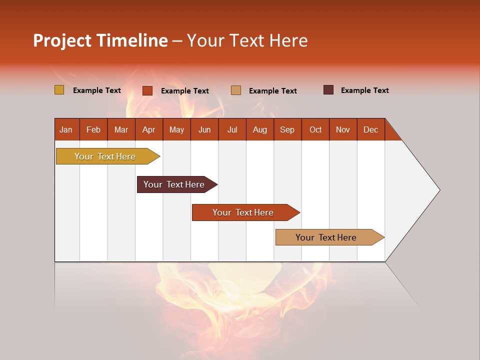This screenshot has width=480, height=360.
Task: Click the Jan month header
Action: pos(66,129)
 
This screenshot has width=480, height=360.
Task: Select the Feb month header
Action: pos(93,129)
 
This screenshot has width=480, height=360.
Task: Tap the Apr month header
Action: pos(148,129)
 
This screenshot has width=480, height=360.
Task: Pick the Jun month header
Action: pos(204,129)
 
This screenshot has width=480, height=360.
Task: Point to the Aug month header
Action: pos(259,129)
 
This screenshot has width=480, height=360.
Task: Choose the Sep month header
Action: pos(287,129)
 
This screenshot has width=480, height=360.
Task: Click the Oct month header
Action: pos(315,129)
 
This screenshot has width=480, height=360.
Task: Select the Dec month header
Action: pos(370,129)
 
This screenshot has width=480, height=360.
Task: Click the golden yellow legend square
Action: pos(59,90)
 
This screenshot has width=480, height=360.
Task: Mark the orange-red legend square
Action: pos(147,90)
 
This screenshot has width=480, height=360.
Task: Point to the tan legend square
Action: pos(236,90)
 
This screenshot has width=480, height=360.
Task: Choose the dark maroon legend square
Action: pos(328,90)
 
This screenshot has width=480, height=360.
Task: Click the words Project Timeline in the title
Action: pos(100,40)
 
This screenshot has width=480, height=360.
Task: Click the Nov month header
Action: pos(343,129)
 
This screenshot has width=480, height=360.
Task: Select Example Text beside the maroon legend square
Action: pos(364,90)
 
